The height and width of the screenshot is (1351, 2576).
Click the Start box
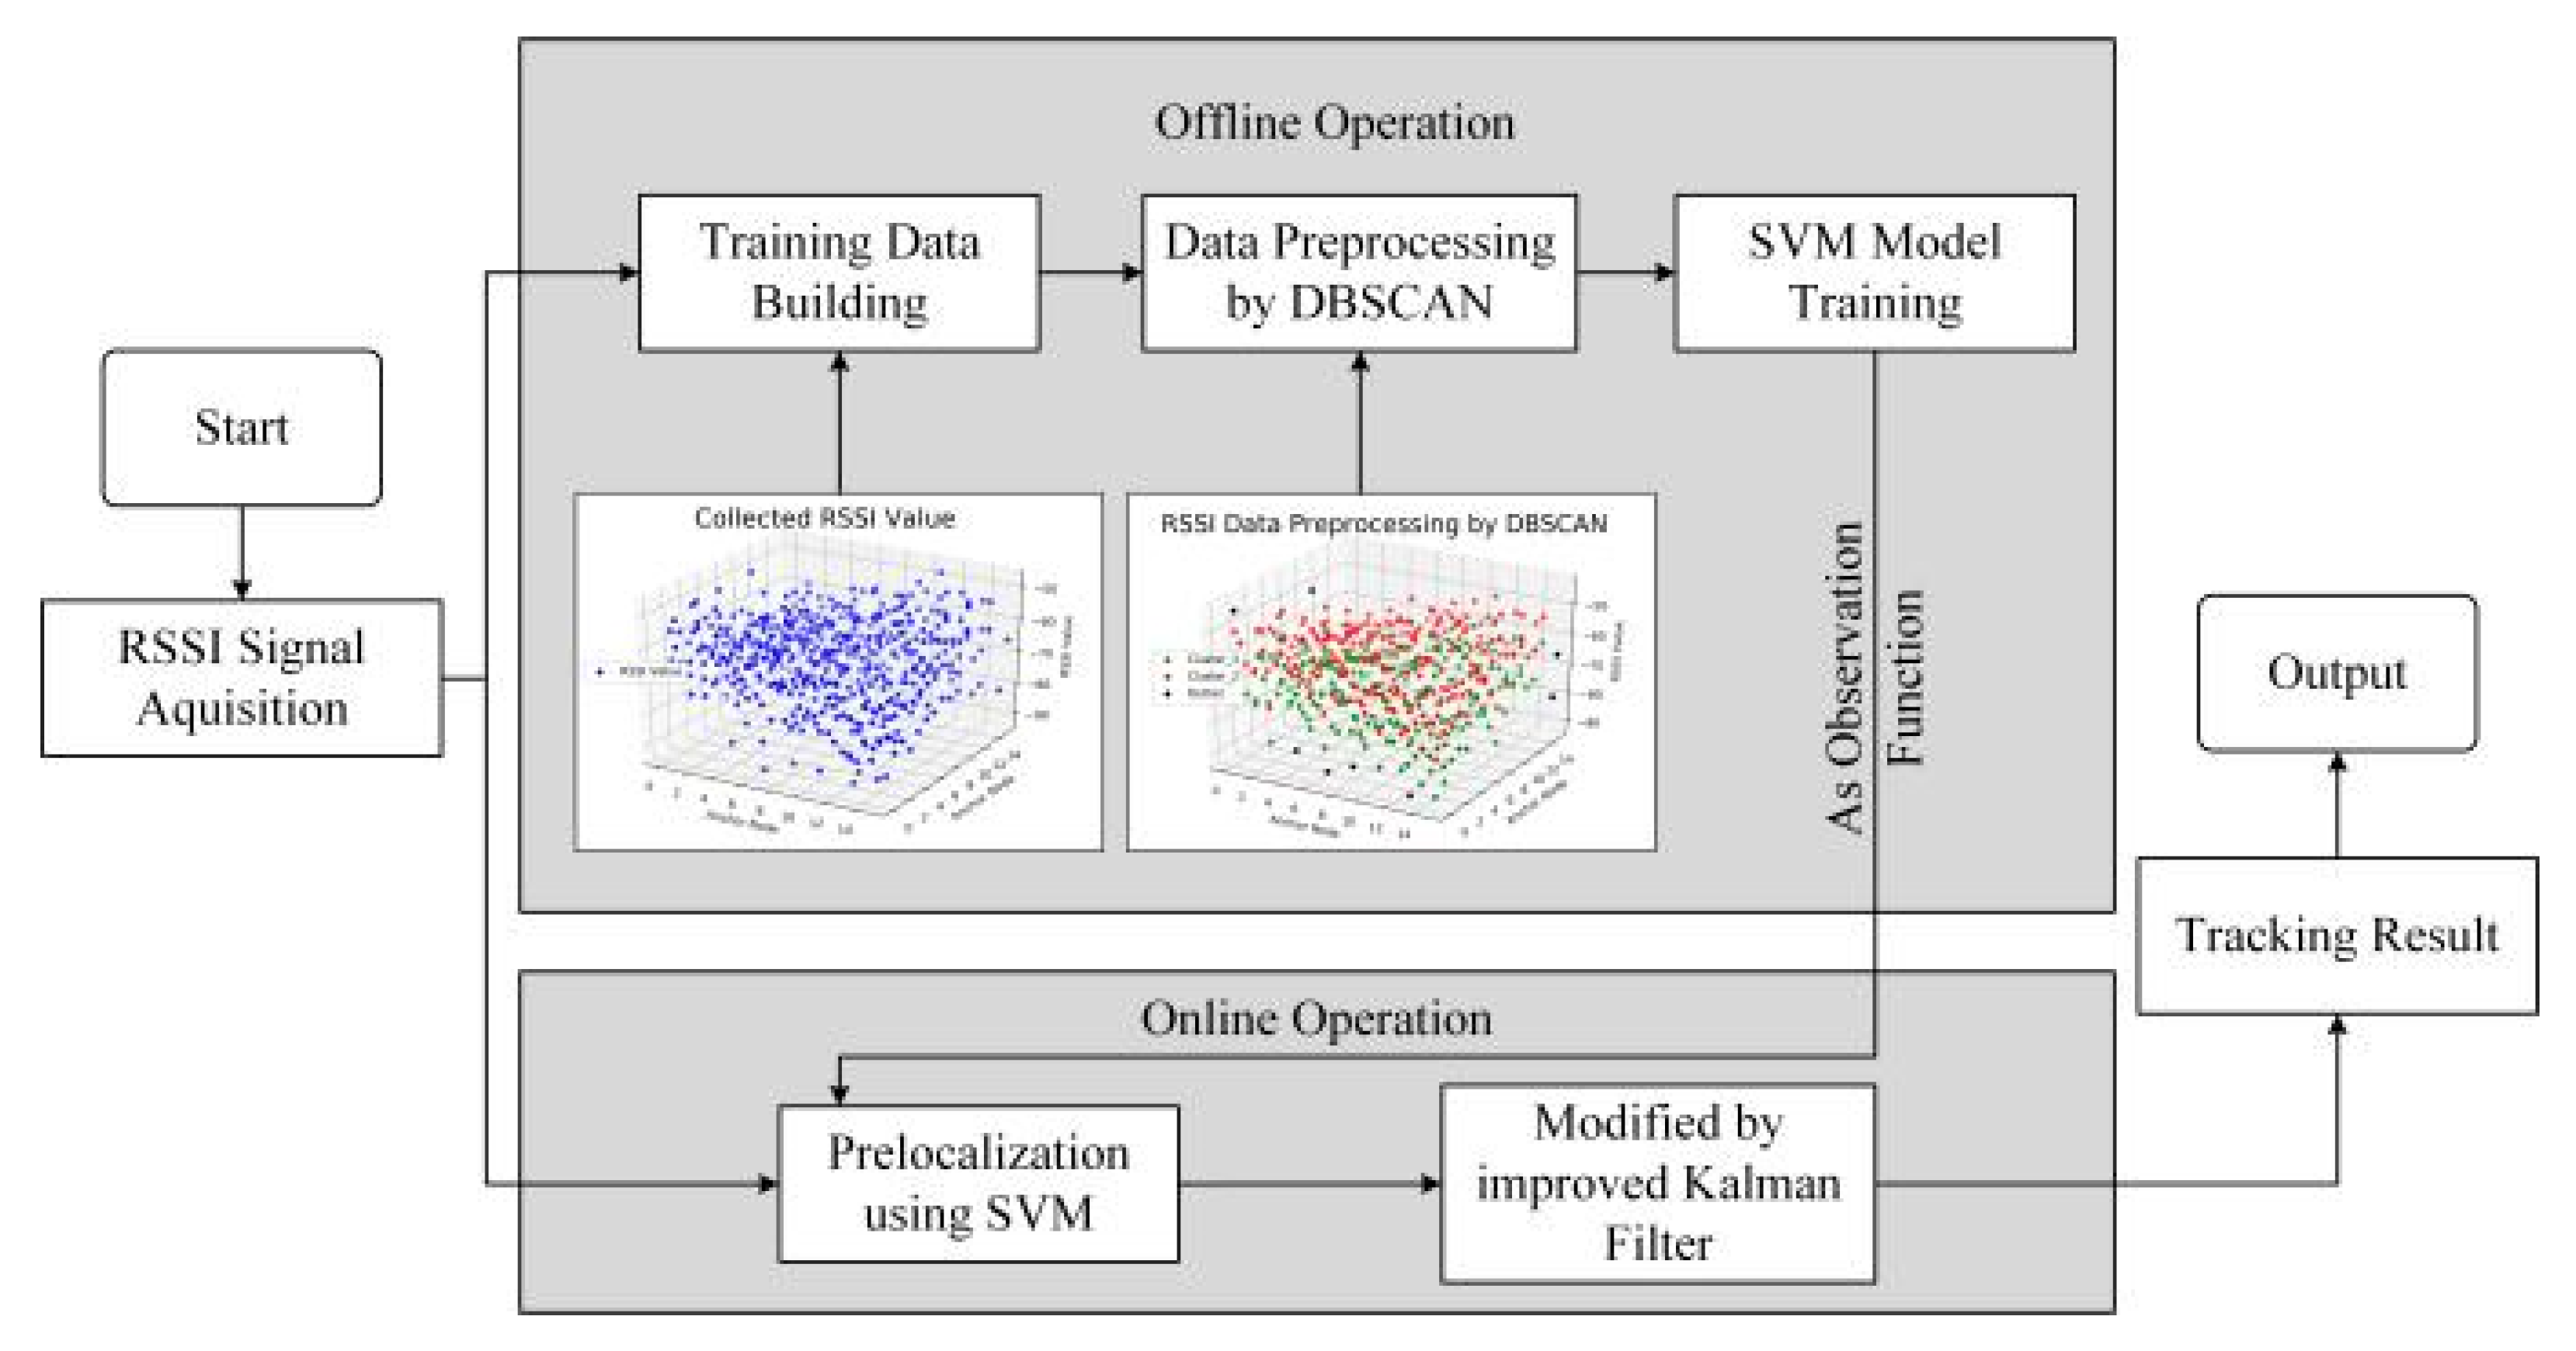(241, 427)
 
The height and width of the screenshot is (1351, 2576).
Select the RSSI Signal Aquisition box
(241, 677)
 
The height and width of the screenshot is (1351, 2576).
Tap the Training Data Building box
(839, 272)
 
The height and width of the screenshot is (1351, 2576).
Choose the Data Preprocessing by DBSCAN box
(1359, 272)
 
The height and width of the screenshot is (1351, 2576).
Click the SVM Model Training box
(1874, 272)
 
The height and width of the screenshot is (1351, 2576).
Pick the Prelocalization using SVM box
(978, 1183)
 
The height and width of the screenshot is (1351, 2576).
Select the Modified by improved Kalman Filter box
(1657, 1183)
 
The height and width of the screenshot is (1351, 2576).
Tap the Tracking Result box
(2336, 935)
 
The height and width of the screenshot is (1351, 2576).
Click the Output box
(2336, 672)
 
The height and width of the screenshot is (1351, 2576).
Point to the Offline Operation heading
(1334, 123)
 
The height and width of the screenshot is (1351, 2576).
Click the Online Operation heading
(1316, 1019)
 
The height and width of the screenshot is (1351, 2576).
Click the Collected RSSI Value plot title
(824, 518)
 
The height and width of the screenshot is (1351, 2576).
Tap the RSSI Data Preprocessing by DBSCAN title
(1383, 523)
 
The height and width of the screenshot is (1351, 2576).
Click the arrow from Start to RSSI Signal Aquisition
(241, 552)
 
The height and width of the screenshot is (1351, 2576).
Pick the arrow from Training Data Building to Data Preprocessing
(1090, 272)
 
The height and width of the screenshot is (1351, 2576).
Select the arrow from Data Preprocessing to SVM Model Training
(1625, 272)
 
